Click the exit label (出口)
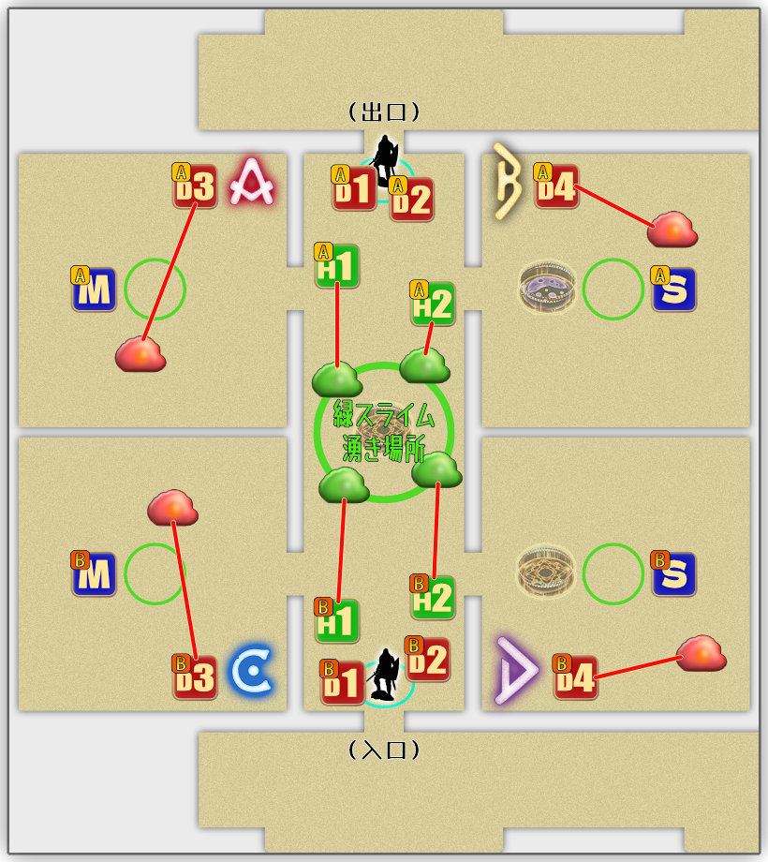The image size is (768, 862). tap(384, 112)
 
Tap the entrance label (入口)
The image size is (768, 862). tap(384, 750)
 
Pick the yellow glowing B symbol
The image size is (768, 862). tap(508, 182)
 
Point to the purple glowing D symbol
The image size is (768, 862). tap(516, 669)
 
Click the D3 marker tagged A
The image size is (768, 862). tap(195, 186)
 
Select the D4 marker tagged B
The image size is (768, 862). tap(575, 676)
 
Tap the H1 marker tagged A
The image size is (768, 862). tap(337, 265)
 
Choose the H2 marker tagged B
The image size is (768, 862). tap(433, 597)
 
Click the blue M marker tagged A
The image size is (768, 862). tap(94, 289)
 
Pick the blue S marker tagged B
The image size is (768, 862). tap(674, 574)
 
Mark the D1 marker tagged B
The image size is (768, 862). tap(342, 682)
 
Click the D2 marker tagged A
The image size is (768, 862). tap(411, 199)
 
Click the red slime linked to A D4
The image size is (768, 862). tap(672, 229)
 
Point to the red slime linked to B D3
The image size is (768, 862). tap(172, 507)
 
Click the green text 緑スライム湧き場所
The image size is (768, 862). tap(384, 431)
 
